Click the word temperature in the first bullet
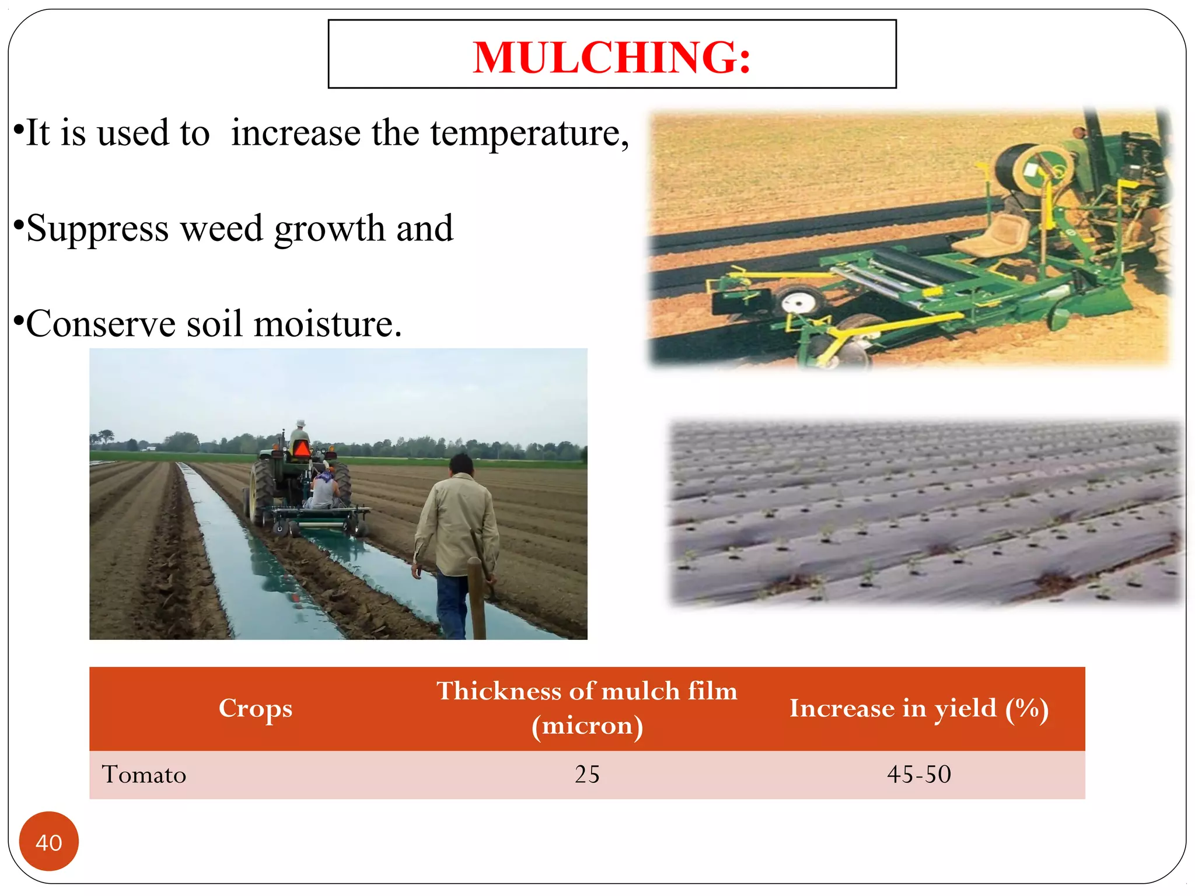[x=529, y=133]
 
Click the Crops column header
[x=256, y=708]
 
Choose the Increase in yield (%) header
[x=919, y=708]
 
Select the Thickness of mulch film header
[x=587, y=708]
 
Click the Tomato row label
[x=144, y=774]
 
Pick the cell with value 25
[x=587, y=774]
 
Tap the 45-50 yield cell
[x=919, y=774]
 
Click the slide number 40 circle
[x=49, y=841]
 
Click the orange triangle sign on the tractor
[x=302, y=449]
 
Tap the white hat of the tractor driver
[x=301, y=423]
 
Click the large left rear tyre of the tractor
[x=260, y=490]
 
